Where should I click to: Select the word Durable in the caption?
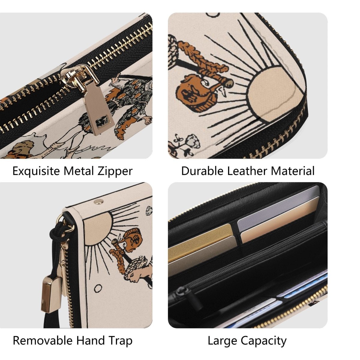tap(202, 171)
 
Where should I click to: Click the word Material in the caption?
tap(293, 171)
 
